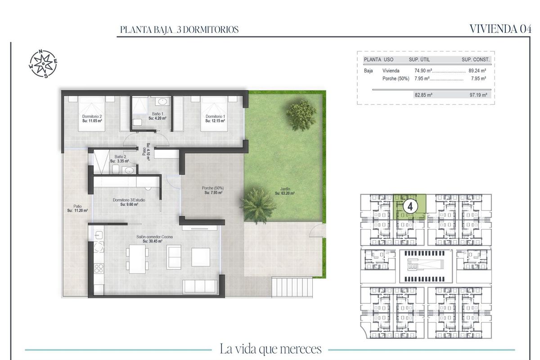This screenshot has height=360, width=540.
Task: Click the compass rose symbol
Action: pos(43,63)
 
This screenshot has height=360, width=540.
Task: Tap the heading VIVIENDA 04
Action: pos(500,29)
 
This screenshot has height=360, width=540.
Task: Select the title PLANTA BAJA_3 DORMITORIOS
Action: pos(179,30)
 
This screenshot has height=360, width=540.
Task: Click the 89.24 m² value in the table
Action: pos(477,71)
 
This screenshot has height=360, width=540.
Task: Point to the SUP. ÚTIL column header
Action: pos(420,59)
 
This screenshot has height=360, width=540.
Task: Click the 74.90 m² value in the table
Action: pos(423,71)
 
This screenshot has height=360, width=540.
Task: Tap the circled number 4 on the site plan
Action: pos(410,206)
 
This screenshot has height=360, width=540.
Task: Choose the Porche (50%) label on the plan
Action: pos(212,190)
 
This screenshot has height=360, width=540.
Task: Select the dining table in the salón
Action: pos(137,259)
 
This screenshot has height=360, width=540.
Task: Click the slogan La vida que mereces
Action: pos(270,349)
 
